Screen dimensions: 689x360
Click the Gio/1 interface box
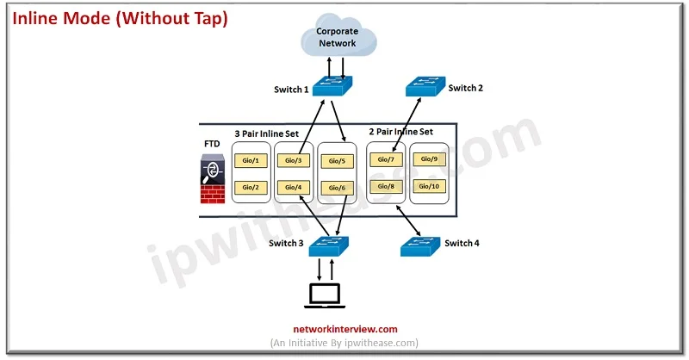tap(251, 160)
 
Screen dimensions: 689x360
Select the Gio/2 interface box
tap(251, 187)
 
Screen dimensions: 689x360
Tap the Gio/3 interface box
tap(294, 160)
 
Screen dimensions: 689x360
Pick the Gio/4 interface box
tap(294, 187)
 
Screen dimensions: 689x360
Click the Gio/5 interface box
tap(337, 161)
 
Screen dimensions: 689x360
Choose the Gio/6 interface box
tap(337, 188)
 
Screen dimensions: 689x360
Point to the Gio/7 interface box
tap(386, 159)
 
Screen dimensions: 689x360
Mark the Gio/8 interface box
tap(386, 186)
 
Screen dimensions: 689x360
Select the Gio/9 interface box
tap(429, 159)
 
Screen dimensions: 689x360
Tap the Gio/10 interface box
tap(429, 186)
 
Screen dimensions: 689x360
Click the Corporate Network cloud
tap(338, 36)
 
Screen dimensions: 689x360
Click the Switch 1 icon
tap(332, 86)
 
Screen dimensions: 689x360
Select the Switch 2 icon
tap(425, 86)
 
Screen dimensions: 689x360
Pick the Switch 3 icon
tap(329, 246)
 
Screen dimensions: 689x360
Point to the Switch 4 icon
tap(420, 246)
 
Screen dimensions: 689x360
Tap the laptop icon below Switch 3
tap(325, 295)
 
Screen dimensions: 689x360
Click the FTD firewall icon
tap(213, 179)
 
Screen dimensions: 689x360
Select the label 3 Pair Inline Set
tap(267, 133)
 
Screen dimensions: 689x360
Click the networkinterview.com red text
tap(345, 329)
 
